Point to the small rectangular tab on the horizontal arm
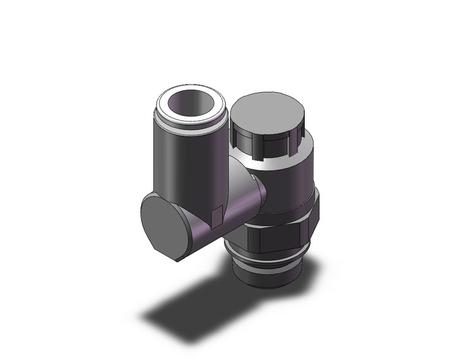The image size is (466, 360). [x=215, y=216]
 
